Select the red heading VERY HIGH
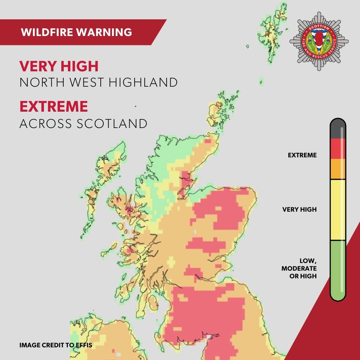pos(59,67)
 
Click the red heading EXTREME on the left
pos(54,107)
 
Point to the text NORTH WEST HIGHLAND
pos(98,83)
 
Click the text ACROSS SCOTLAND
pos(83,124)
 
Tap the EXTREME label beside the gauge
pos(302,155)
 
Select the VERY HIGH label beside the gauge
pos(299,210)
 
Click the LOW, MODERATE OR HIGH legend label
pos(299,268)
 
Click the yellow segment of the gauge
pos(338,210)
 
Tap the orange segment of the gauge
pos(338,169)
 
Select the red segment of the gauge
pos(338,148)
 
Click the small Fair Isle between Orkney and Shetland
pos(261,81)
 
